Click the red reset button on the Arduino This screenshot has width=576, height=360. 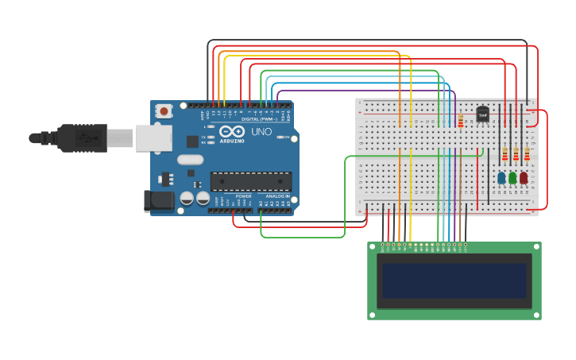(x=164, y=111)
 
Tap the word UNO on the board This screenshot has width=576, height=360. (x=261, y=132)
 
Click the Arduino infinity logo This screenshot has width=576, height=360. (x=233, y=132)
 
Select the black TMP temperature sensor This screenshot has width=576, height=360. (x=482, y=114)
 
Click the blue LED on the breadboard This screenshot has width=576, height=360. (x=501, y=178)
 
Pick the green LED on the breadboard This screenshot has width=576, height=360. (x=512, y=178)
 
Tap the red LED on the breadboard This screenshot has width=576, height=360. (x=524, y=178)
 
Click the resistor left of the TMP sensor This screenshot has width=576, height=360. (x=460, y=121)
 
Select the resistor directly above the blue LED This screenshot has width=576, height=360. (x=504, y=154)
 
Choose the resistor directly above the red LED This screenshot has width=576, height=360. (x=527, y=154)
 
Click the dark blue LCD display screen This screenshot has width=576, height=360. (x=454, y=281)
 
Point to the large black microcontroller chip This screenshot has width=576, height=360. (x=250, y=181)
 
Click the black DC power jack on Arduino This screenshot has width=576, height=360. (x=158, y=200)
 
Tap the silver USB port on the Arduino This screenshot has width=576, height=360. (x=153, y=138)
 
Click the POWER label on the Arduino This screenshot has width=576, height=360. (x=243, y=195)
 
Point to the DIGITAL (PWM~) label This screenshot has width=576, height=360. (x=258, y=119)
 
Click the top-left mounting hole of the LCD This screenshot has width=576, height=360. (x=373, y=247)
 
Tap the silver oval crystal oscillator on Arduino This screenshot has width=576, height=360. (x=191, y=160)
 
